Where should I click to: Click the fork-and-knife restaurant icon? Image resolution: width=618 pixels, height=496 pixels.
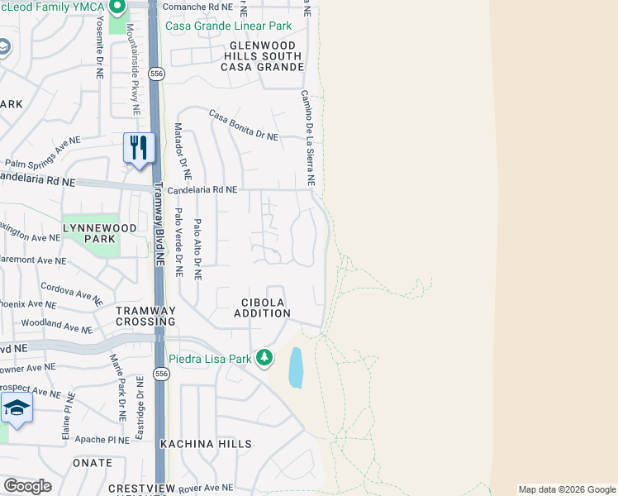(139, 149)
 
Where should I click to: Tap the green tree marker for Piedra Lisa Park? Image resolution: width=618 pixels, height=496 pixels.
(264, 358)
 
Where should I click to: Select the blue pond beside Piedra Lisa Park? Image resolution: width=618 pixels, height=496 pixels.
(296, 368)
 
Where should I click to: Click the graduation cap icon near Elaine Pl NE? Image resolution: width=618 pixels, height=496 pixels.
(16, 408)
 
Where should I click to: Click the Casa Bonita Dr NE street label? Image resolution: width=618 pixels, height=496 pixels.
(243, 125)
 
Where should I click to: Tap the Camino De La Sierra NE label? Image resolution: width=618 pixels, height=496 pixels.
(307, 137)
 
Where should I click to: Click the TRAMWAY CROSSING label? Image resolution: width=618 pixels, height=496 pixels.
(145, 316)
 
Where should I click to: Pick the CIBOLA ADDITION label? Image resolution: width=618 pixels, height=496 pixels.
(262, 308)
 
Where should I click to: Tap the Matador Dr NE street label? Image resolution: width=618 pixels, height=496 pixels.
(182, 152)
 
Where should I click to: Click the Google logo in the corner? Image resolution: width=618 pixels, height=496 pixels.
(27, 486)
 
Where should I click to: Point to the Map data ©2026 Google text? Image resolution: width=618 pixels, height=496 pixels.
(567, 489)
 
